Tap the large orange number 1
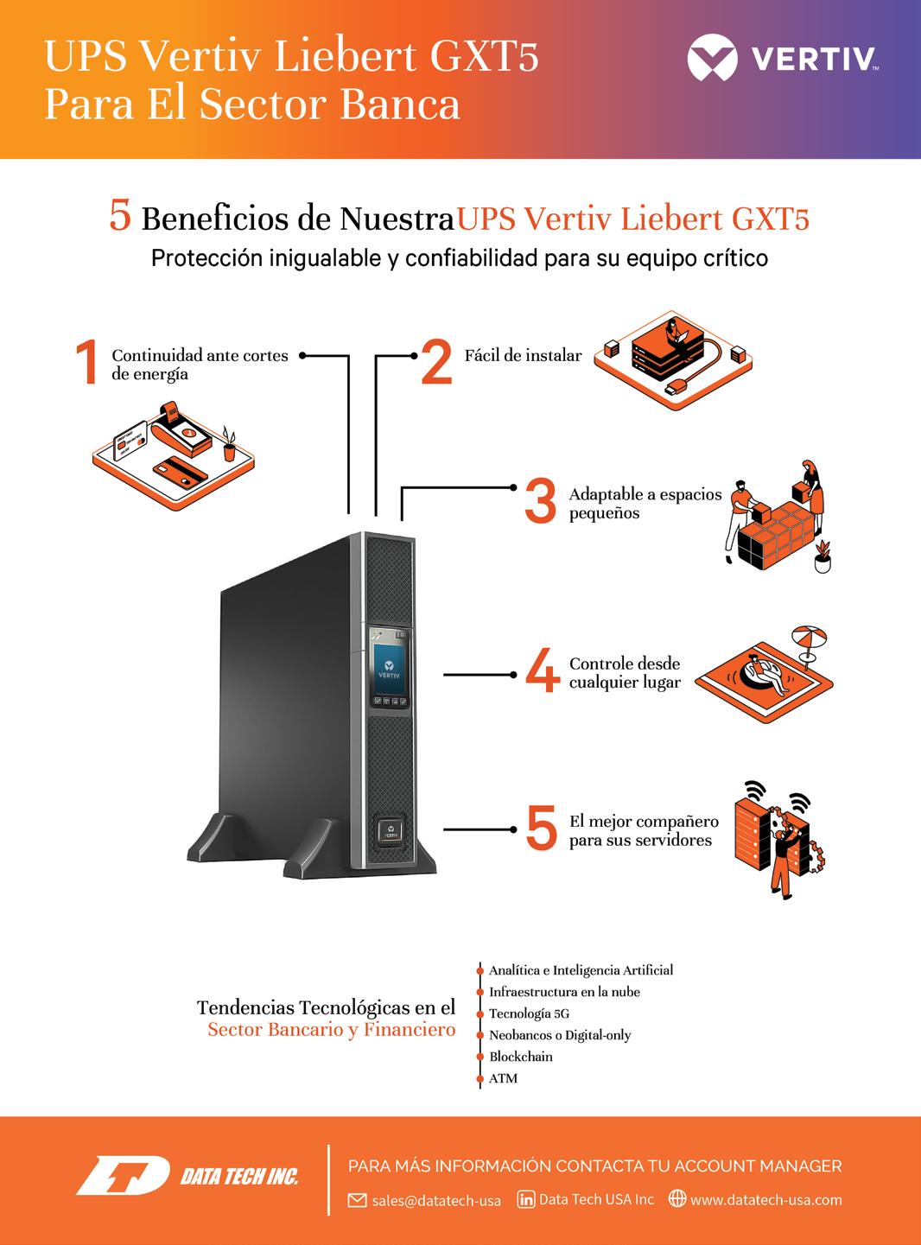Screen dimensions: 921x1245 tap(86, 361)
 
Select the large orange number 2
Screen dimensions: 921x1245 tap(437, 361)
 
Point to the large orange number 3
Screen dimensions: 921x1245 tap(541, 501)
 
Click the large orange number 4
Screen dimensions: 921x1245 tap(543, 670)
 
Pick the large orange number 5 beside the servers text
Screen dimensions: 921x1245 tap(542, 828)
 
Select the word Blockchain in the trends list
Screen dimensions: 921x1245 tap(520, 1057)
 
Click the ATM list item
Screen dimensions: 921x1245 tap(503, 1078)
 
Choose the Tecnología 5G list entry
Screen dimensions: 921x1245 tap(529, 1013)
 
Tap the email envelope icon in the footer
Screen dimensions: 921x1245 tap(357, 1200)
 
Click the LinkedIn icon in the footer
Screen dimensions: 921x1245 tap(525, 1199)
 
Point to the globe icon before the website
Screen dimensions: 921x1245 tap(677, 1199)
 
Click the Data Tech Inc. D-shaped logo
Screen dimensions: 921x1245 tap(123, 1176)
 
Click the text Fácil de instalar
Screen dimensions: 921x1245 tap(523, 355)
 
